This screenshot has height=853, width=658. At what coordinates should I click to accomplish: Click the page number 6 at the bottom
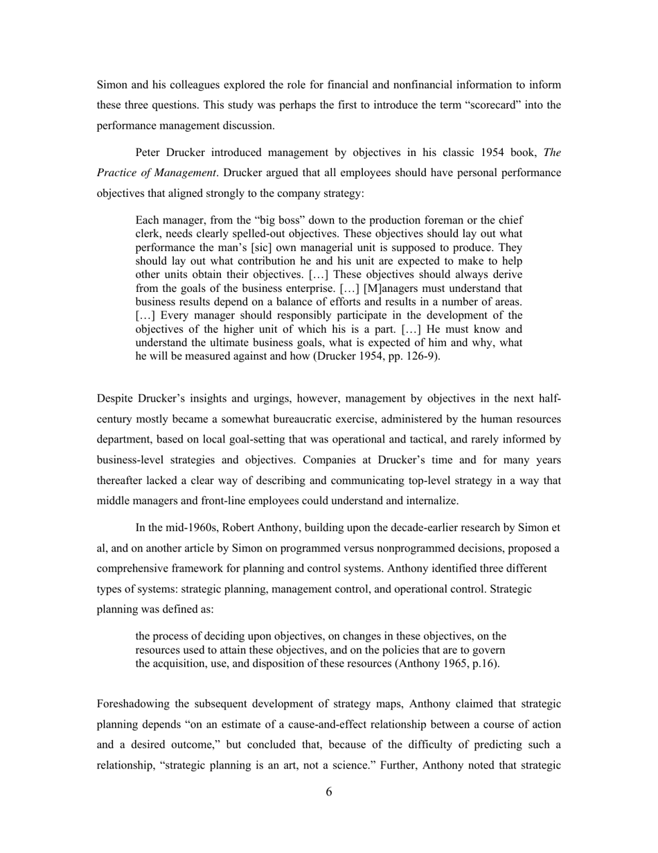click(x=329, y=792)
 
